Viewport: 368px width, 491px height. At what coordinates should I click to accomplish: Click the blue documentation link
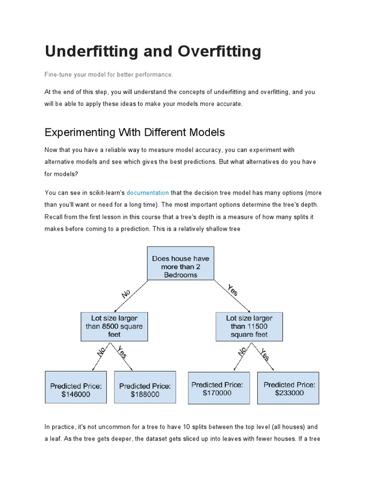148,193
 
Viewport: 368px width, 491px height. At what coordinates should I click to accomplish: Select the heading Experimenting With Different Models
135,132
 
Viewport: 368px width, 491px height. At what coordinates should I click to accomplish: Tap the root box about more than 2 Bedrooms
181,263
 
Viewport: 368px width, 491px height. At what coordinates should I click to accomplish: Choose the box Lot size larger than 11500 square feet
249,326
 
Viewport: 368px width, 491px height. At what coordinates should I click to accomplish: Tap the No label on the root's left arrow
126,293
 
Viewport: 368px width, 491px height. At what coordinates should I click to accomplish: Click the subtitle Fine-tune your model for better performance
108,75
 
